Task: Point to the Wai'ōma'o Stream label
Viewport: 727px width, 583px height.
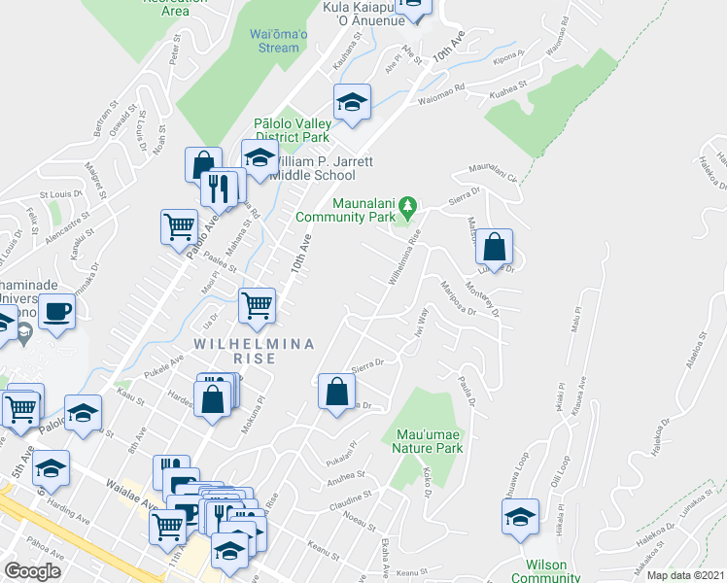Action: [274, 41]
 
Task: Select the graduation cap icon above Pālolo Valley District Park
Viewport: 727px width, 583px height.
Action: [353, 102]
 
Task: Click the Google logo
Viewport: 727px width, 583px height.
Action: [33, 571]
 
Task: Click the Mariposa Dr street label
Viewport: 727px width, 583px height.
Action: [458, 299]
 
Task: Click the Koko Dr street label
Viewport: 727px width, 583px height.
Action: [428, 482]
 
